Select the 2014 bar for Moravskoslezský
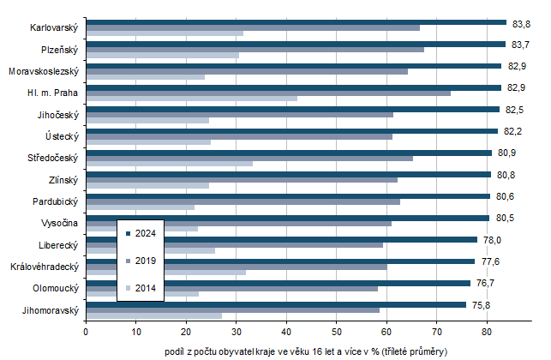[x=145, y=76]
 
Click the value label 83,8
[x=522, y=23]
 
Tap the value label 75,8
[x=482, y=304]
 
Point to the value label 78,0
[x=493, y=240]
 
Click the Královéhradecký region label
[x=46, y=267]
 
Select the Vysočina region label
[x=59, y=223]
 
